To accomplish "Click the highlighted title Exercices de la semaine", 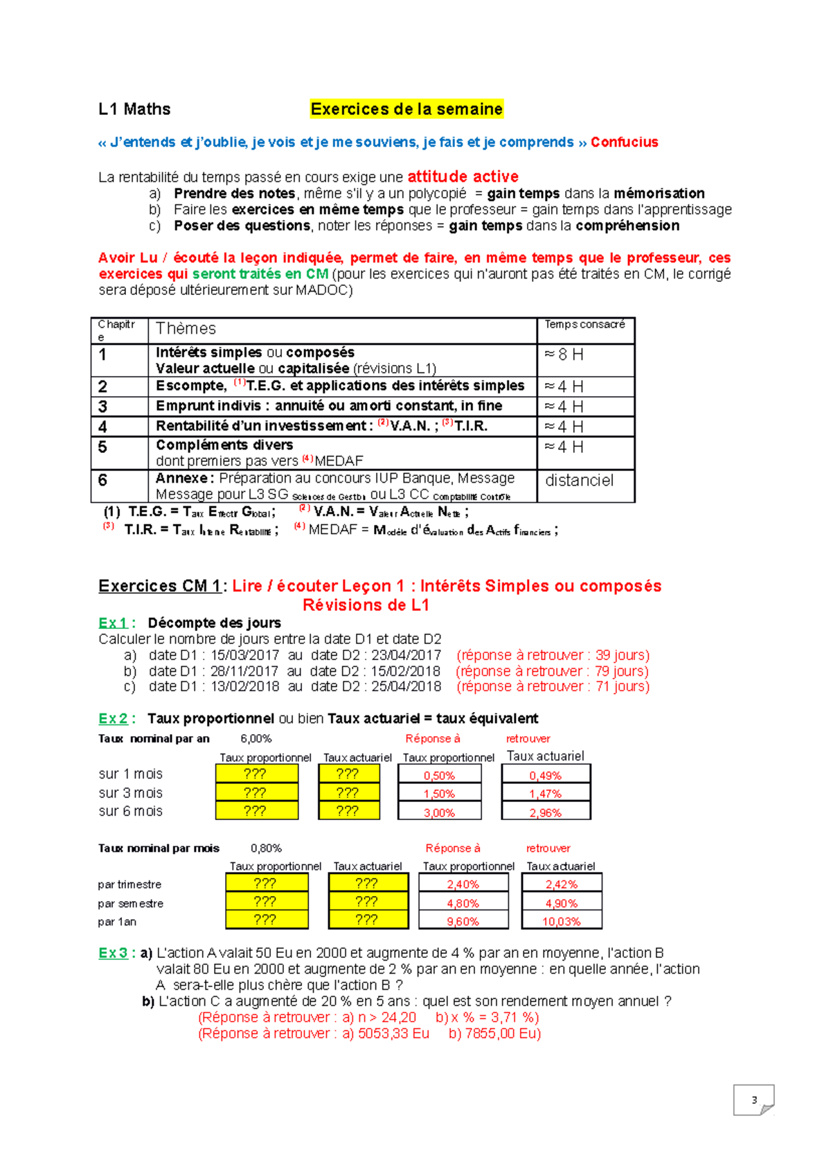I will pyautogui.click(x=406, y=109).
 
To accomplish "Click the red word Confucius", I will pyautogui.click(x=624, y=143).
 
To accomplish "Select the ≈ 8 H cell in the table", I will pyautogui.click(x=564, y=355).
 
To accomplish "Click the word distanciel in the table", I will pyautogui.click(x=579, y=481).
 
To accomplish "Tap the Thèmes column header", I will pyautogui.click(x=186, y=329).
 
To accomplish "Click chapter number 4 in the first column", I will pyautogui.click(x=102, y=427).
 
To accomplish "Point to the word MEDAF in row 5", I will pyautogui.click(x=339, y=461).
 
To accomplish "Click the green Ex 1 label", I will pyautogui.click(x=113, y=623).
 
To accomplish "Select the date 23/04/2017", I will pyautogui.click(x=406, y=655).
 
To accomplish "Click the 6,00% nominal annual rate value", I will pyautogui.click(x=256, y=739).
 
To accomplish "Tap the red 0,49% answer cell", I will pyautogui.click(x=545, y=776).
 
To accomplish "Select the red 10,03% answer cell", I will pyautogui.click(x=561, y=922).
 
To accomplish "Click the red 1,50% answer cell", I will pyautogui.click(x=439, y=794).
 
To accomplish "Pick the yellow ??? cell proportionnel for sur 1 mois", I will pyautogui.click(x=256, y=774).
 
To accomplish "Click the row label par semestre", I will pyautogui.click(x=130, y=904).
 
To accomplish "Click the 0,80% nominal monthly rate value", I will pyautogui.click(x=266, y=848).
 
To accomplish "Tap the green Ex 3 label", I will pyautogui.click(x=113, y=954).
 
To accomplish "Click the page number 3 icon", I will pyautogui.click(x=753, y=1100).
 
